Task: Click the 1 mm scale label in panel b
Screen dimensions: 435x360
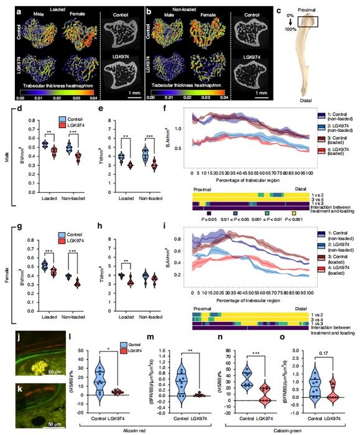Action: click(263, 92)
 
